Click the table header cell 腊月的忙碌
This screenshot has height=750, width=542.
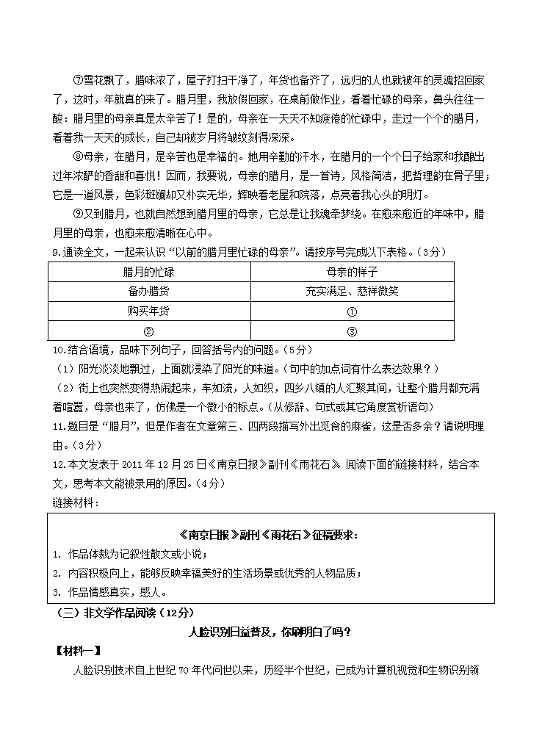tap(149, 271)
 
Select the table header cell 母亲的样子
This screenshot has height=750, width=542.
tap(352, 271)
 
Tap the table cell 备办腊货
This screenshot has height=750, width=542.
tap(149, 291)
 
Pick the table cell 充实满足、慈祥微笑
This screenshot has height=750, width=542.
tap(352, 291)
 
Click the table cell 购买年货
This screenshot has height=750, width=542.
tap(149, 311)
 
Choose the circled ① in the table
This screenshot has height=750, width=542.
tap(352, 311)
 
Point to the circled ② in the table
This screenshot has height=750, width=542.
tap(149, 331)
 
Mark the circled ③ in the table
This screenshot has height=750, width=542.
tap(352, 331)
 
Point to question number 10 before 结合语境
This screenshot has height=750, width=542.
tap(57, 350)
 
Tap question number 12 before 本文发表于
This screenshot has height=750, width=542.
tap(57, 464)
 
